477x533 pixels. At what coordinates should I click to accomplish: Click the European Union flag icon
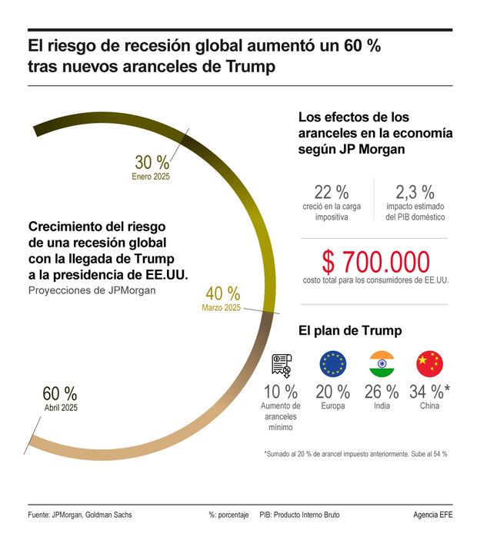[332, 363]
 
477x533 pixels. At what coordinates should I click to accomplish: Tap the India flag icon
[382, 363]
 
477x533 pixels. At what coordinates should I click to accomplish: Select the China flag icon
[429, 363]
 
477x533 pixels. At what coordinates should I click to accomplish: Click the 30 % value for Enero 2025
[152, 162]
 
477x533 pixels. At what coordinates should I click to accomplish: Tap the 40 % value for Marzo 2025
[222, 293]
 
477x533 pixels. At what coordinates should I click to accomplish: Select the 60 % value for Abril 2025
[59, 393]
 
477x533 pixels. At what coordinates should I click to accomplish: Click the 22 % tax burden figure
[331, 192]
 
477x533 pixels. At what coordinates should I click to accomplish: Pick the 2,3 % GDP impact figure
[415, 192]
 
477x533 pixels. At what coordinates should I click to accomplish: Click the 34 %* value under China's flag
[430, 392]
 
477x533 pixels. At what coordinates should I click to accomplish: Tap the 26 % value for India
[382, 392]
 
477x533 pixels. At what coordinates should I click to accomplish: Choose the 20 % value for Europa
[332, 392]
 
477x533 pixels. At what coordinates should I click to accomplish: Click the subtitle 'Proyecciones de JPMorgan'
[92, 290]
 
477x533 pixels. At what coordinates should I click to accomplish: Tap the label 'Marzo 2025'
[222, 308]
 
